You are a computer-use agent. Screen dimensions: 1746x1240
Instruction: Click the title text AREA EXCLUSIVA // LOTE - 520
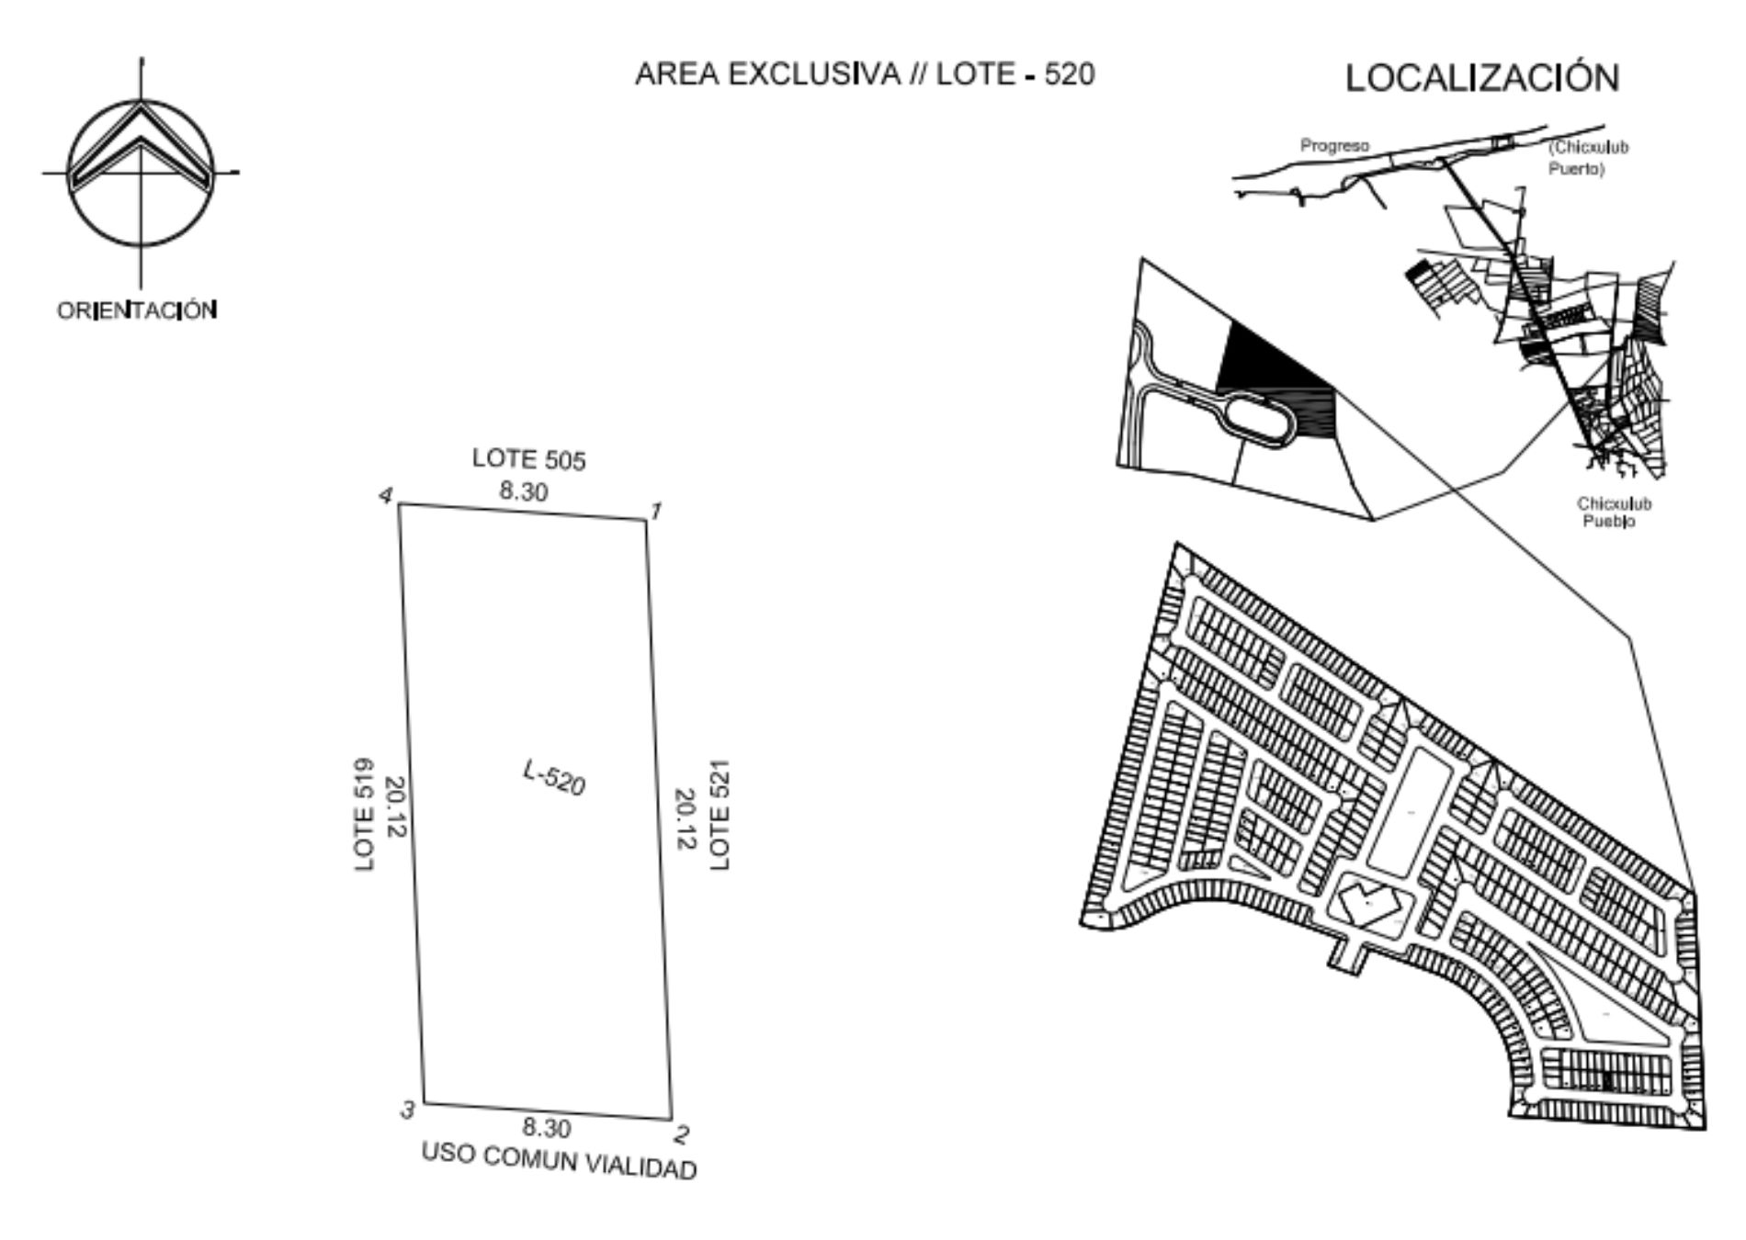pos(865,74)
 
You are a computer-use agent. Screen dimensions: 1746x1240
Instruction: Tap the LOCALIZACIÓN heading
pos(1482,77)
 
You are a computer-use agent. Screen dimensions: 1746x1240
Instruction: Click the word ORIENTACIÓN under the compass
pos(137,310)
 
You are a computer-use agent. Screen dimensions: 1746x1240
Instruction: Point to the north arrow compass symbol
pos(141,173)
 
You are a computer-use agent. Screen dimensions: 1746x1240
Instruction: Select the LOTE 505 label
pos(528,459)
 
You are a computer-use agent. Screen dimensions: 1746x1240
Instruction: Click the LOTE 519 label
pos(365,815)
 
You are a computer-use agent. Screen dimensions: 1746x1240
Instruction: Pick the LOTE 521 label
pos(720,815)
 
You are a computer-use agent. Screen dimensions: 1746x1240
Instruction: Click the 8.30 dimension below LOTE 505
pos(524,491)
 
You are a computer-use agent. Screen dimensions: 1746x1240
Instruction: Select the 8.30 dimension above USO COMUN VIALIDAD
pos(547,1127)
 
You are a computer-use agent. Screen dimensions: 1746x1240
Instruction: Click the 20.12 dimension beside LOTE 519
pos(395,807)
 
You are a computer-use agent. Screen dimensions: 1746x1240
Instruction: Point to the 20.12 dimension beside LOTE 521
pos(686,818)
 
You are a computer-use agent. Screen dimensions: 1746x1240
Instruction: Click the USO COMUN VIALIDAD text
pos(559,1161)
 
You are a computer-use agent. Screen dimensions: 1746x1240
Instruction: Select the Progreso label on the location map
pos(1334,145)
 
